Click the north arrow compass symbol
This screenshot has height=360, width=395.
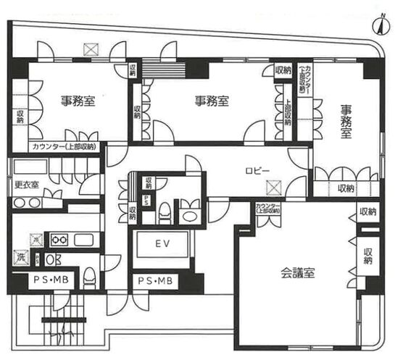(x=378, y=25)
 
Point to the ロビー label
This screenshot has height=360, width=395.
(x=257, y=171)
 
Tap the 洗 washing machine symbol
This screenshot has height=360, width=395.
(x=20, y=256)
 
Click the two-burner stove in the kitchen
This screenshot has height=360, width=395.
(x=58, y=239)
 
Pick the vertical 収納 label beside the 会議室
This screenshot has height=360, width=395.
(x=368, y=256)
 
